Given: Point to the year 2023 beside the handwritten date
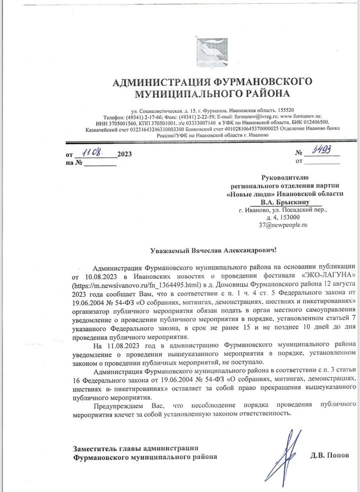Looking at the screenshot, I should [124, 155].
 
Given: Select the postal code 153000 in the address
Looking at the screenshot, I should [290, 217].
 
